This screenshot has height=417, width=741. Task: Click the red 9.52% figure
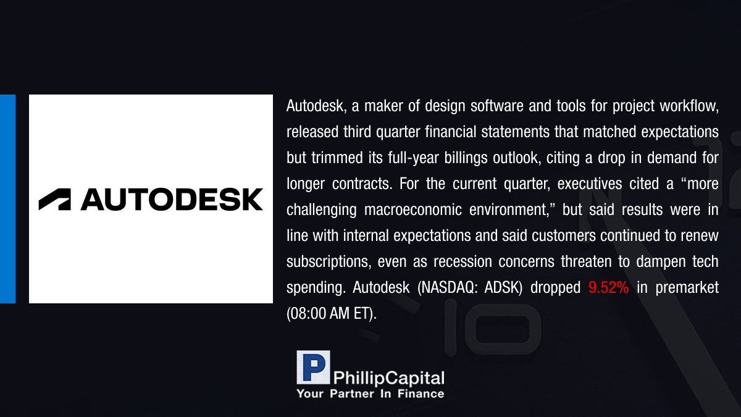[608, 287]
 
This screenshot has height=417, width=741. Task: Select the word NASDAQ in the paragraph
[448, 287]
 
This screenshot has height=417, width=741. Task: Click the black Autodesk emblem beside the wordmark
[54, 199]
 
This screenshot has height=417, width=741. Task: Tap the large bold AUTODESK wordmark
[172, 199]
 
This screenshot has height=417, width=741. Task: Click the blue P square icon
[313, 368]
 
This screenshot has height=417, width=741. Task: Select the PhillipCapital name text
[388, 378]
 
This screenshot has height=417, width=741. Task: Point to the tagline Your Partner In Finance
[370, 394]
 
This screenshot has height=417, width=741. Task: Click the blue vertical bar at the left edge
[7, 199]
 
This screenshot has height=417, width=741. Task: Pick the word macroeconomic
[413, 209]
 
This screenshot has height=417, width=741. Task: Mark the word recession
[463, 261]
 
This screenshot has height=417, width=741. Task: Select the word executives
[590, 183]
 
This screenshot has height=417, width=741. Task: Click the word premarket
[687, 287]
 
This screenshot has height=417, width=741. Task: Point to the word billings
[466, 158]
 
